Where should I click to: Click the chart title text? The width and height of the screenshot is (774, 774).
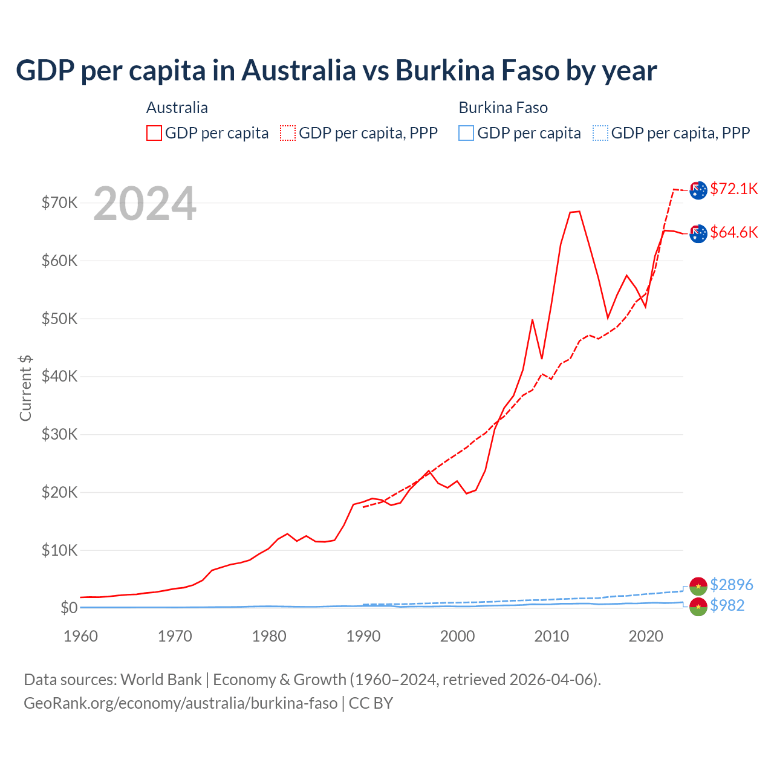tap(336, 71)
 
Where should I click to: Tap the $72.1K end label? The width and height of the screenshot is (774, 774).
tap(734, 189)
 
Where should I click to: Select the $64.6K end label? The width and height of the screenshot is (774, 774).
tap(734, 232)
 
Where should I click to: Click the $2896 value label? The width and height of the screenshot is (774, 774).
tap(732, 585)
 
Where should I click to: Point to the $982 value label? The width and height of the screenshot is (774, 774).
tap(727, 605)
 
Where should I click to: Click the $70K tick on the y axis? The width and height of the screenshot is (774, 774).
tap(59, 203)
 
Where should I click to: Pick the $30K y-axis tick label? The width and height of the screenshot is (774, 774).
tap(59, 434)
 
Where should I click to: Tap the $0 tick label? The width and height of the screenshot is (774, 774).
tap(69, 608)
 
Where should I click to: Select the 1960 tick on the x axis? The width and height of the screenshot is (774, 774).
tap(80, 636)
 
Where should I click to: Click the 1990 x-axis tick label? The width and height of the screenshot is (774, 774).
tap(363, 636)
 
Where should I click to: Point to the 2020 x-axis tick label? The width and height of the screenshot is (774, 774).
tap(646, 636)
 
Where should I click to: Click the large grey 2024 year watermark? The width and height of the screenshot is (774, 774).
tap(145, 204)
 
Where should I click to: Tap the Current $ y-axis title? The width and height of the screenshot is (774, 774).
tap(25, 388)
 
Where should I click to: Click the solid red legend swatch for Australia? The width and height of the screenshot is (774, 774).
tap(154, 133)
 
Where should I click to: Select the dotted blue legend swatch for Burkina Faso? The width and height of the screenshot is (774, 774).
tap(600, 133)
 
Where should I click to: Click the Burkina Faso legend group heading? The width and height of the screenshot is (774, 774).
tap(503, 108)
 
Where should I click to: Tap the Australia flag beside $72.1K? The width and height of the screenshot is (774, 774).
tap(698, 190)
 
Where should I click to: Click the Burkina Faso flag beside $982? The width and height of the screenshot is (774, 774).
tap(698, 607)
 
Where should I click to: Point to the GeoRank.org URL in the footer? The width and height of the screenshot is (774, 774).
tap(180, 703)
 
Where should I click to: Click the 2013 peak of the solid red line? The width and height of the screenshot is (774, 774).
tap(579, 211)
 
